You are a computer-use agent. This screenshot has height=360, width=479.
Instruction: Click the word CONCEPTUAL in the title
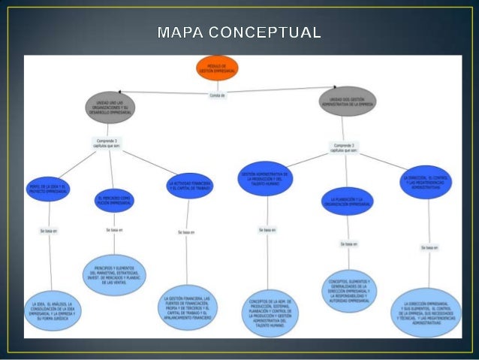[x=268, y=33]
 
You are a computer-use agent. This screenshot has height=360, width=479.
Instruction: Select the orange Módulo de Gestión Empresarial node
[x=218, y=68]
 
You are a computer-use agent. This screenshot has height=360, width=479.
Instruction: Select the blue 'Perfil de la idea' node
[x=49, y=187]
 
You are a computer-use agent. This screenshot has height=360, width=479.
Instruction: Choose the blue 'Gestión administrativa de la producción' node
[x=265, y=178]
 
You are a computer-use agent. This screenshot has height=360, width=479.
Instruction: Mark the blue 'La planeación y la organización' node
[x=348, y=201]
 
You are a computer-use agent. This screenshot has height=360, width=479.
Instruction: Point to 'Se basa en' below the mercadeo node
[x=114, y=229]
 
